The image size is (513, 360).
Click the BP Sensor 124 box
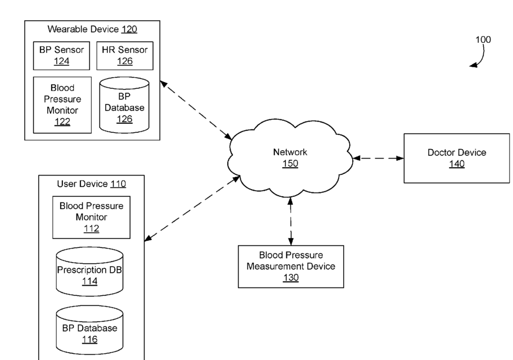pos(61,56)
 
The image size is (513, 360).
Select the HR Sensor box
pos(125,56)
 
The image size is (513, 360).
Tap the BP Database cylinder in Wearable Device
pos(124,105)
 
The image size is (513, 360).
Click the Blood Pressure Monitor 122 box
pos(62,105)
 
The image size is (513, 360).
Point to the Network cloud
pos(290,157)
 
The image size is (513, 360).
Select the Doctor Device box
pos(457,158)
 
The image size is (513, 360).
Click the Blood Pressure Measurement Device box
pos(291,267)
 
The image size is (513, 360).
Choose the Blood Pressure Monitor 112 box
pos(91,217)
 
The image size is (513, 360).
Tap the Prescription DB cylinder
pos(89,272)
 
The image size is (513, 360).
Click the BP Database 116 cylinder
pos(89,330)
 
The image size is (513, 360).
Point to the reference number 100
pos(483,39)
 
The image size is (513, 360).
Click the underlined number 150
pos(290,163)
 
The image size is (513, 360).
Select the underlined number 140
pos(457,164)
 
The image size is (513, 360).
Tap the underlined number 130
pos(291,277)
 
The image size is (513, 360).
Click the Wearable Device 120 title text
pos(92,29)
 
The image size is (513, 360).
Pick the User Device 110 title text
pos(92,184)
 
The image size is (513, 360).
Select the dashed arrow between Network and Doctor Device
pos(379,158)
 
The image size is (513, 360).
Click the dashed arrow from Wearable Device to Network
pos(196,110)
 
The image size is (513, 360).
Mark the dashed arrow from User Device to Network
pos(192,209)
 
